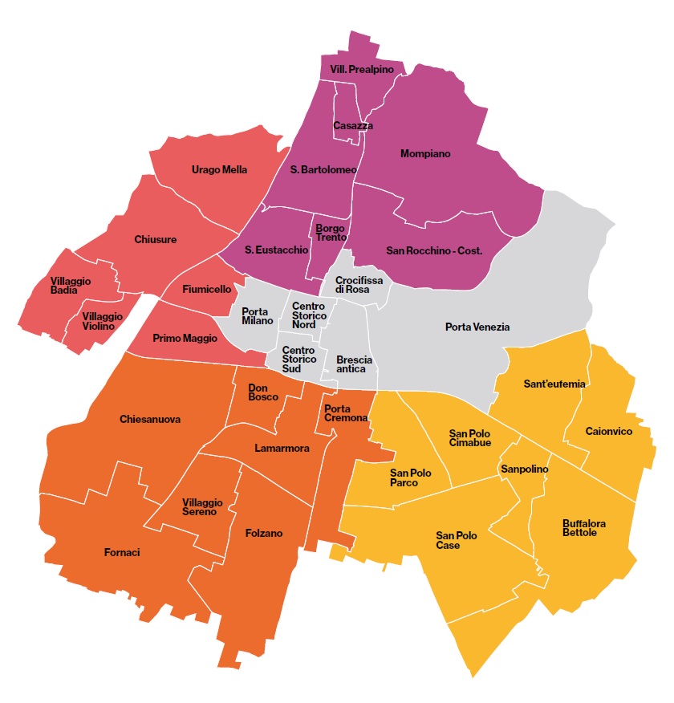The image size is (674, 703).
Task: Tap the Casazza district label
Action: tap(353, 126)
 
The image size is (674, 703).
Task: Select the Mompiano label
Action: tap(425, 153)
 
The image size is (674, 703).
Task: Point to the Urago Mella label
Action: tap(219, 169)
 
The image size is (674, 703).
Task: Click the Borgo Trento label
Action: tap(331, 232)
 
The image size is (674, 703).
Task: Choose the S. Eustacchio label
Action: tap(276, 250)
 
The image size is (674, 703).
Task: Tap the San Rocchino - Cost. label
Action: tap(434, 250)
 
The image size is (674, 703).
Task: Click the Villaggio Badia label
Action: tap(71, 286)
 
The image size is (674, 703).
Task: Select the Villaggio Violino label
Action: tap(102, 321)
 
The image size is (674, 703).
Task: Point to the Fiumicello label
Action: tap(207, 288)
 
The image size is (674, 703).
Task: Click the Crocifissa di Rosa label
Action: tap(352, 284)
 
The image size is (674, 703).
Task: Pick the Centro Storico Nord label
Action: tap(309, 315)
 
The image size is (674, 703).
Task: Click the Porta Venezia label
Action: tap(477, 327)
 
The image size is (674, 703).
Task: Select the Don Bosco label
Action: tap(263, 391)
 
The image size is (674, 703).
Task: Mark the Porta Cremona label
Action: tap(346, 413)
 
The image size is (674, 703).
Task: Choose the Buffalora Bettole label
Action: tap(584, 528)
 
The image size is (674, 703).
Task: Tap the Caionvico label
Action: tap(609, 432)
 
